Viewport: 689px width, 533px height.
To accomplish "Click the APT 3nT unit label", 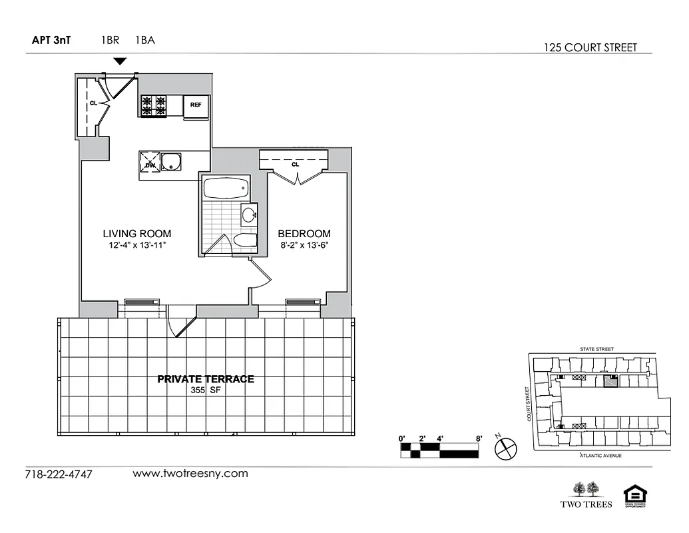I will pyautogui.click(x=52, y=40).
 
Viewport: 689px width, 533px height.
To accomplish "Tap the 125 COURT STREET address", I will pyautogui.click(x=590, y=47).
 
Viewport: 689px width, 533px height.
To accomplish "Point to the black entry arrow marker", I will pyautogui.click(x=120, y=61).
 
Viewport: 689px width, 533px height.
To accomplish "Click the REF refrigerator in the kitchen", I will pyautogui.click(x=196, y=106).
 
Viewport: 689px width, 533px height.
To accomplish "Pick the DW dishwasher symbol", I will pyautogui.click(x=150, y=163).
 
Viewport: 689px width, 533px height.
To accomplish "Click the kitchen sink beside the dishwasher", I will pyautogui.click(x=172, y=162).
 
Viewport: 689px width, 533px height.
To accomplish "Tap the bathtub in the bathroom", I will pyautogui.click(x=226, y=188).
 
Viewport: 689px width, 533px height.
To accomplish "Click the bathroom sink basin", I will pyautogui.click(x=249, y=215).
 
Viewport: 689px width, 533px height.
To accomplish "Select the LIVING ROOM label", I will pyautogui.click(x=136, y=234).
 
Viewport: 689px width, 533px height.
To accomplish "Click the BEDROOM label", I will pyautogui.click(x=304, y=234).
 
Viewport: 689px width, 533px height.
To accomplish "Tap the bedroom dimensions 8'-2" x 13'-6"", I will pyautogui.click(x=304, y=245).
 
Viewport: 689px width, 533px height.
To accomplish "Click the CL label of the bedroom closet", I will pyautogui.click(x=294, y=164).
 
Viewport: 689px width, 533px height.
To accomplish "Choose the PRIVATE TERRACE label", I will pyautogui.click(x=205, y=379).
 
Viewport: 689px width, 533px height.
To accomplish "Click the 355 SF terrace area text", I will pyautogui.click(x=205, y=391).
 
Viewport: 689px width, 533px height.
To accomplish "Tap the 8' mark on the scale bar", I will pyautogui.click(x=478, y=438).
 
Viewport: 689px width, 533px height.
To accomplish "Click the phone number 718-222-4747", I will pyautogui.click(x=59, y=474).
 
